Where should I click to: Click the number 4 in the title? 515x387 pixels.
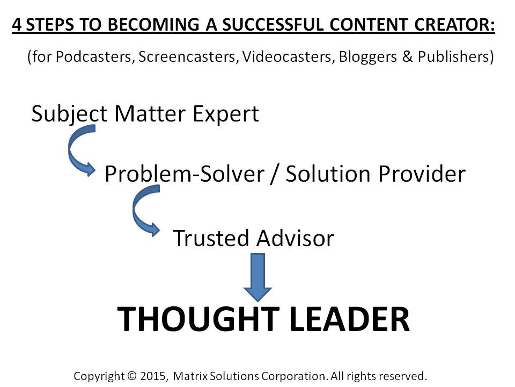pos(17,25)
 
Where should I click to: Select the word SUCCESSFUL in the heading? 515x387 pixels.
pos(273,25)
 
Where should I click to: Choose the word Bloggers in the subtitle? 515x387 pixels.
pos(367,57)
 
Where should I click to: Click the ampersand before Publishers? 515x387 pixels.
pos(407,56)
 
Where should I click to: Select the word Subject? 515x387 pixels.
pos(69,114)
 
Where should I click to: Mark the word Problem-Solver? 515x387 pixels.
pos(185,174)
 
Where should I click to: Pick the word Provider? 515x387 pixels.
pos(422,174)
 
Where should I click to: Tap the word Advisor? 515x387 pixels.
pos(295,238)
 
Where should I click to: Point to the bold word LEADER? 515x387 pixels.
pos(350,319)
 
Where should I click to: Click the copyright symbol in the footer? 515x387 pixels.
pos(131,376)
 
